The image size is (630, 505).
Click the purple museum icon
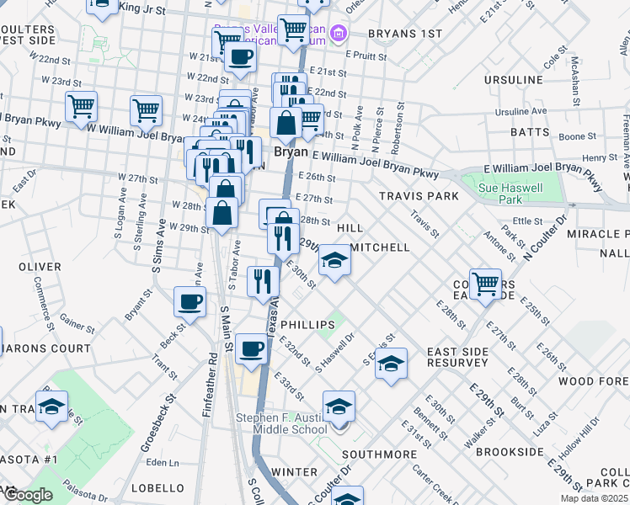tap(339, 35)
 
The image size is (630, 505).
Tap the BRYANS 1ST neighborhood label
tap(408, 34)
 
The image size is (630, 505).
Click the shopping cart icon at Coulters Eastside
tap(486, 284)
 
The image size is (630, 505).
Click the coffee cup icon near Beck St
tap(190, 301)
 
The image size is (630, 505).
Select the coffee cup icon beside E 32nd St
tap(250, 348)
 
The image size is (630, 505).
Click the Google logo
tap(28, 495)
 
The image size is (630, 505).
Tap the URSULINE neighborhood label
tap(514, 80)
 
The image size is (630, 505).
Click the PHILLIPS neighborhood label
tap(302, 323)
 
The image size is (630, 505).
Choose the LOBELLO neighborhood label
tap(157, 488)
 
